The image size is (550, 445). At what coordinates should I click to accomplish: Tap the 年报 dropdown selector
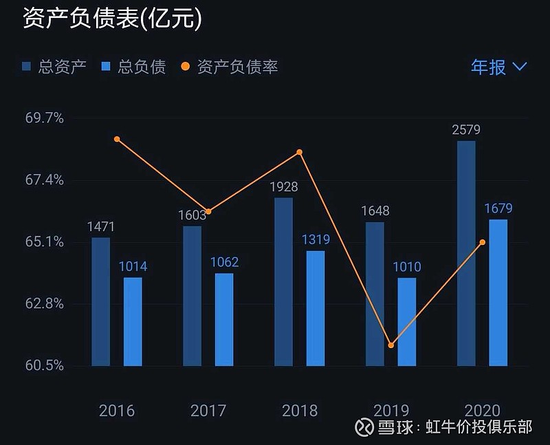(x=498, y=67)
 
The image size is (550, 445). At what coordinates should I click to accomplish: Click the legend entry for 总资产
(x=54, y=67)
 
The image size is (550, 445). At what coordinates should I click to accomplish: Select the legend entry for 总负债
(x=133, y=67)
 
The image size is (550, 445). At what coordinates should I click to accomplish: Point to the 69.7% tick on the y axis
(x=45, y=118)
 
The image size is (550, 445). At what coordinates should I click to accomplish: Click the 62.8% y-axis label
(x=45, y=304)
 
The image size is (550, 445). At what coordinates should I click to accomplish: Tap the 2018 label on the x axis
(x=300, y=411)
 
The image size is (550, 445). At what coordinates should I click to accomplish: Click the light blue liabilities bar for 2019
(x=406, y=321)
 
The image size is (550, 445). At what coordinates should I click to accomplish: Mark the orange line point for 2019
(x=390, y=345)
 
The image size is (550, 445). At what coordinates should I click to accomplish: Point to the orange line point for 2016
(x=117, y=139)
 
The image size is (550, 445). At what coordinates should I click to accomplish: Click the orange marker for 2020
(x=482, y=242)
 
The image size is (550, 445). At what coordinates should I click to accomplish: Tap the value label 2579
(x=466, y=129)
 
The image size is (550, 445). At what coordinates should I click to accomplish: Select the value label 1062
(x=224, y=262)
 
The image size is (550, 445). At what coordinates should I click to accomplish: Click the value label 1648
(x=375, y=210)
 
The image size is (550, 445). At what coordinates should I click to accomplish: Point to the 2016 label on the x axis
(x=117, y=411)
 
